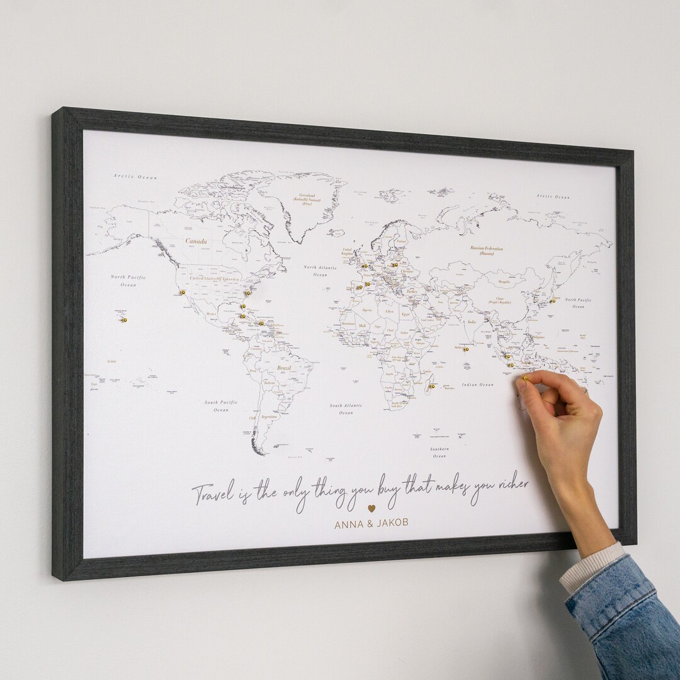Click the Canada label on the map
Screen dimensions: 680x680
(196, 241)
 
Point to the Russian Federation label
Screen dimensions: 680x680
(486, 251)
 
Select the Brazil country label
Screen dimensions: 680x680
(285, 368)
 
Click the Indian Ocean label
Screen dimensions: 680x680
(477, 385)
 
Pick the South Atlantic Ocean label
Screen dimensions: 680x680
(346, 409)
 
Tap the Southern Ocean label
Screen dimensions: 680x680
(439, 452)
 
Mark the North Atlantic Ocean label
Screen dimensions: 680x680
(320, 271)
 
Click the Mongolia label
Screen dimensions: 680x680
(503, 281)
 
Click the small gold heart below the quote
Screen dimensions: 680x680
(371, 507)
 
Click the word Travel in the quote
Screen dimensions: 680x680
(213, 493)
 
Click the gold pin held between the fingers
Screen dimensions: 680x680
(524, 378)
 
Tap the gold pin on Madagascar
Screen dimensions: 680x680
(431, 386)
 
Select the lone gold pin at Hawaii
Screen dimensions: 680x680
(124, 319)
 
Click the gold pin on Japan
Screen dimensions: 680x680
(553, 301)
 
